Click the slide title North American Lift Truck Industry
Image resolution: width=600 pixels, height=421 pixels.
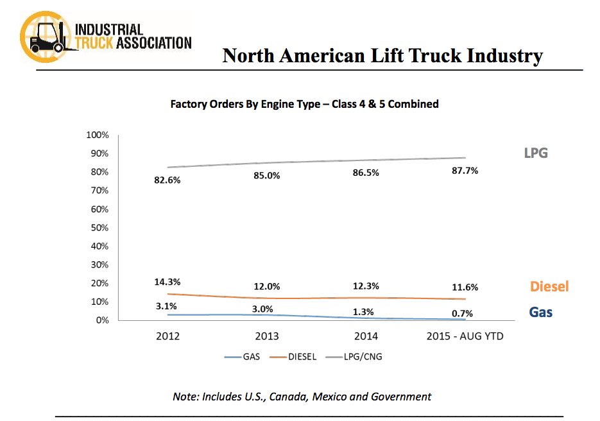pyautogui.click(x=382, y=56)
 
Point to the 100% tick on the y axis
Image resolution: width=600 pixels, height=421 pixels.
pyautogui.click(x=98, y=135)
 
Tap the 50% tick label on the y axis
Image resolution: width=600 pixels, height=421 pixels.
pyautogui.click(x=100, y=228)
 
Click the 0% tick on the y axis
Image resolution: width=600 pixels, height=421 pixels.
pyautogui.click(x=103, y=320)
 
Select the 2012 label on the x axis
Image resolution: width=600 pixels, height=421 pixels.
pyautogui.click(x=168, y=336)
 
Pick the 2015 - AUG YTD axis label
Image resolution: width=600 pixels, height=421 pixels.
pyautogui.click(x=465, y=336)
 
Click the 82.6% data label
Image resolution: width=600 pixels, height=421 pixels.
pyautogui.click(x=167, y=180)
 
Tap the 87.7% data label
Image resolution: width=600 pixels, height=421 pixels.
pyautogui.click(x=465, y=171)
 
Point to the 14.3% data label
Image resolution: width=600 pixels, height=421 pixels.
pyautogui.click(x=167, y=281)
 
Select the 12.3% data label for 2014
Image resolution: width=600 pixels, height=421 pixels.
pyautogui.click(x=366, y=286)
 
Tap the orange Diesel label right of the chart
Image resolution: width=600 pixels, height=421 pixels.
pyautogui.click(x=549, y=287)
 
